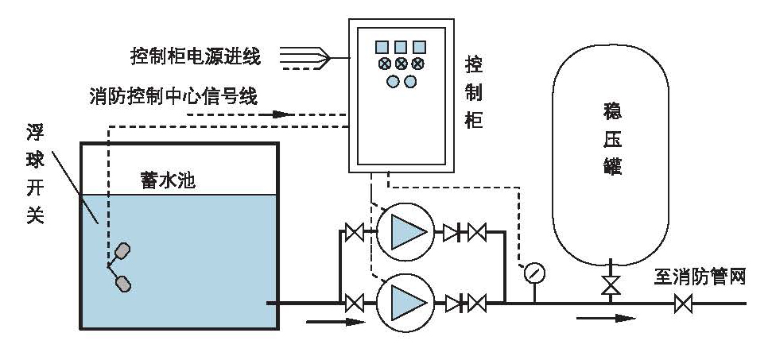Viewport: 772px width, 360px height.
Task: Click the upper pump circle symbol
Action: [x=405, y=232]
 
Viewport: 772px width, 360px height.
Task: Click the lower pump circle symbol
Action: [x=405, y=302]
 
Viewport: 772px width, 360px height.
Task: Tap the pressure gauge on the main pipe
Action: [x=535, y=273]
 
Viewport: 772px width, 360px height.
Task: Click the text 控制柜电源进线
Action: [x=196, y=56]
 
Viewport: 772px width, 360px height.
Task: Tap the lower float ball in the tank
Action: [x=122, y=281]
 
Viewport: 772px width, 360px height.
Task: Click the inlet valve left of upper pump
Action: [x=354, y=233]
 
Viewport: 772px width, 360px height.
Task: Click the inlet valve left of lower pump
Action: [x=354, y=303]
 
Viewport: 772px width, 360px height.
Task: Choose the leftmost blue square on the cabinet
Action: [x=382, y=47]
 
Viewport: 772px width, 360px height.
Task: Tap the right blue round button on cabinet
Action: [x=410, y=81]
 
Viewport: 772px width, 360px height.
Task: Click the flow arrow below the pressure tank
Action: [x=607, y=319]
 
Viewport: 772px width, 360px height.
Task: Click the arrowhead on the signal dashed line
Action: [x=280, y=114]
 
